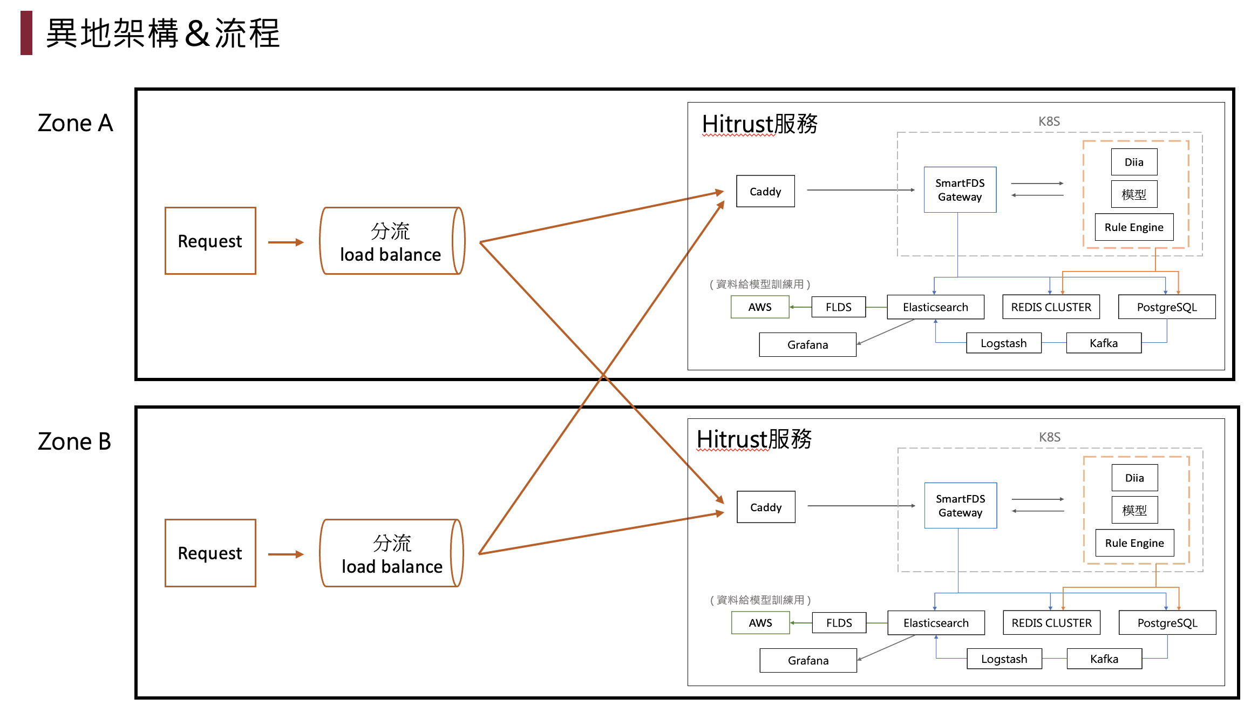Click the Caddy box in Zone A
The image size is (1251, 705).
[x=765, y=191]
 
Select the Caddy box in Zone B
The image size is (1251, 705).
[x=766, y=507]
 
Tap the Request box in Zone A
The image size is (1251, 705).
[x=210, y=241]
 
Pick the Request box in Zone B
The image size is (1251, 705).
[x=210, y=553]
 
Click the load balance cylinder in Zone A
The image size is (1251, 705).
[x=391, y=241]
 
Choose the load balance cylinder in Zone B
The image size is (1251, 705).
[x=391, y=553]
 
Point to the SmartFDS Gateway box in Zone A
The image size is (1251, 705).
[x=960, y=189]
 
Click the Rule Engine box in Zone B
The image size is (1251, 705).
[x=1134, y=543]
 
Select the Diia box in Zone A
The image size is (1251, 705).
[x=1134, y=162]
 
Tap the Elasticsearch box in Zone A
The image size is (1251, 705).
[x=935, y=307]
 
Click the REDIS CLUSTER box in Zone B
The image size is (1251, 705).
[x=1051, y=623]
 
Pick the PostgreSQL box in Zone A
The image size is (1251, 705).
[x=1167, y=307]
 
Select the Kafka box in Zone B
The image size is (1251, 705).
[x=1104, y=659]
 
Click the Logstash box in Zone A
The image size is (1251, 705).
[x=1003, y=343]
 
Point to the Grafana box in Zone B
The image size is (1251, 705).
[x=808, y=660]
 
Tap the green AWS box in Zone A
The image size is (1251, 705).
[x=760, y=307]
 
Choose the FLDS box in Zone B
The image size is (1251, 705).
[x=839, y=623]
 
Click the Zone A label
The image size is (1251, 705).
[x=75, y=123]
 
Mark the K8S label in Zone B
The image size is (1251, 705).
[x=1050, y=437]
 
